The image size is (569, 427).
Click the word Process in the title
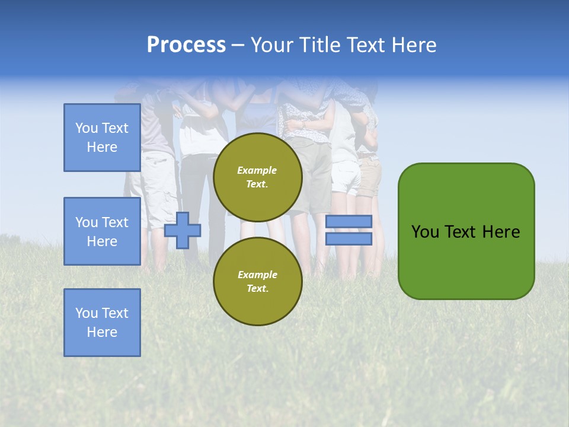click(x=186, y=45)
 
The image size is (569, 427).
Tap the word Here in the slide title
click(x=413, y=45)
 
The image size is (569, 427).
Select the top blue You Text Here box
click(x=102, y=138)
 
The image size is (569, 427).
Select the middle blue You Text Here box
click(x=102, y=231)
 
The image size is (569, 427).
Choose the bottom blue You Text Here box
click(x=102, y=323)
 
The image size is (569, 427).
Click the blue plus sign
click(x=183, y=230)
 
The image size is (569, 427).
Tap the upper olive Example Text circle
click(x=258, y=177)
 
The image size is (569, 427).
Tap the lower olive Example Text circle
click(x=258, y=281)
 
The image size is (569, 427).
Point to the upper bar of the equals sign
click(x=349, y=221)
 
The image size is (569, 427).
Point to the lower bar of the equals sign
click(x=349, y=239)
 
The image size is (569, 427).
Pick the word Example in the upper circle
click(x=257, y=170)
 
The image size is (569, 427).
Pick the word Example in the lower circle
click(x=257, y=275)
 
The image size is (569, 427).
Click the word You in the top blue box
click(x=86, y=128)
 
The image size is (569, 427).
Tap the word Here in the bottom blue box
click(x=102, y=332)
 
